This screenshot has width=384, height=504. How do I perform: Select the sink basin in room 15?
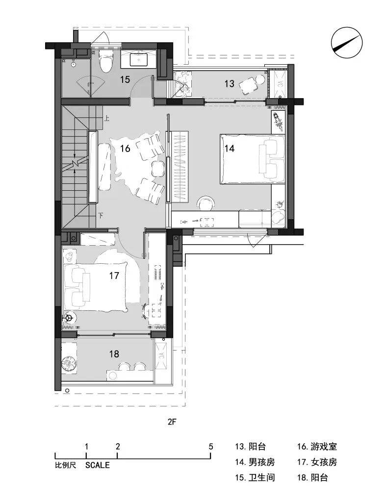coord(139,60)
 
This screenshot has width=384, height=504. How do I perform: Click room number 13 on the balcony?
coord(230,84)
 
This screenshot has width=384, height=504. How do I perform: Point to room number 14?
coord(230,148)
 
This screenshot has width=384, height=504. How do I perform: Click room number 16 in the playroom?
coord(125,148)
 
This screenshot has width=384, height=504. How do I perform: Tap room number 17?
coord(114,276)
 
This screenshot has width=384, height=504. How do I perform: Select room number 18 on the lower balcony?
coord(114,354)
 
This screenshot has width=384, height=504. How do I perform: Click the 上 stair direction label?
coord(106,119)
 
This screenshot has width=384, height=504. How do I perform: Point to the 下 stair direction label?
coord(101,215)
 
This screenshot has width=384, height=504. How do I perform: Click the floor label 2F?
coord(172,422)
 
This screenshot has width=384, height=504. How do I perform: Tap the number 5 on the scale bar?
coord(211,446)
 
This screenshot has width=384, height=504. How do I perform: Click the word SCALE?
coord(98,465)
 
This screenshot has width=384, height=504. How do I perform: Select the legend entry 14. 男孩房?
coord(255,462)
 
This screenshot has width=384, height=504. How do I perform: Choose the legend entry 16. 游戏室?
coord(317,447)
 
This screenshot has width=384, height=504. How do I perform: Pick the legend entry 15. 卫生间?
coord(255,478)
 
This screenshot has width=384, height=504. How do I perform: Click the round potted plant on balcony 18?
coord(69,363)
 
